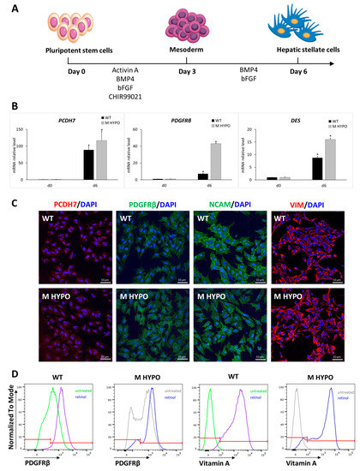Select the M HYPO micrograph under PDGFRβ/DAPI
(x=145, y=319)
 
